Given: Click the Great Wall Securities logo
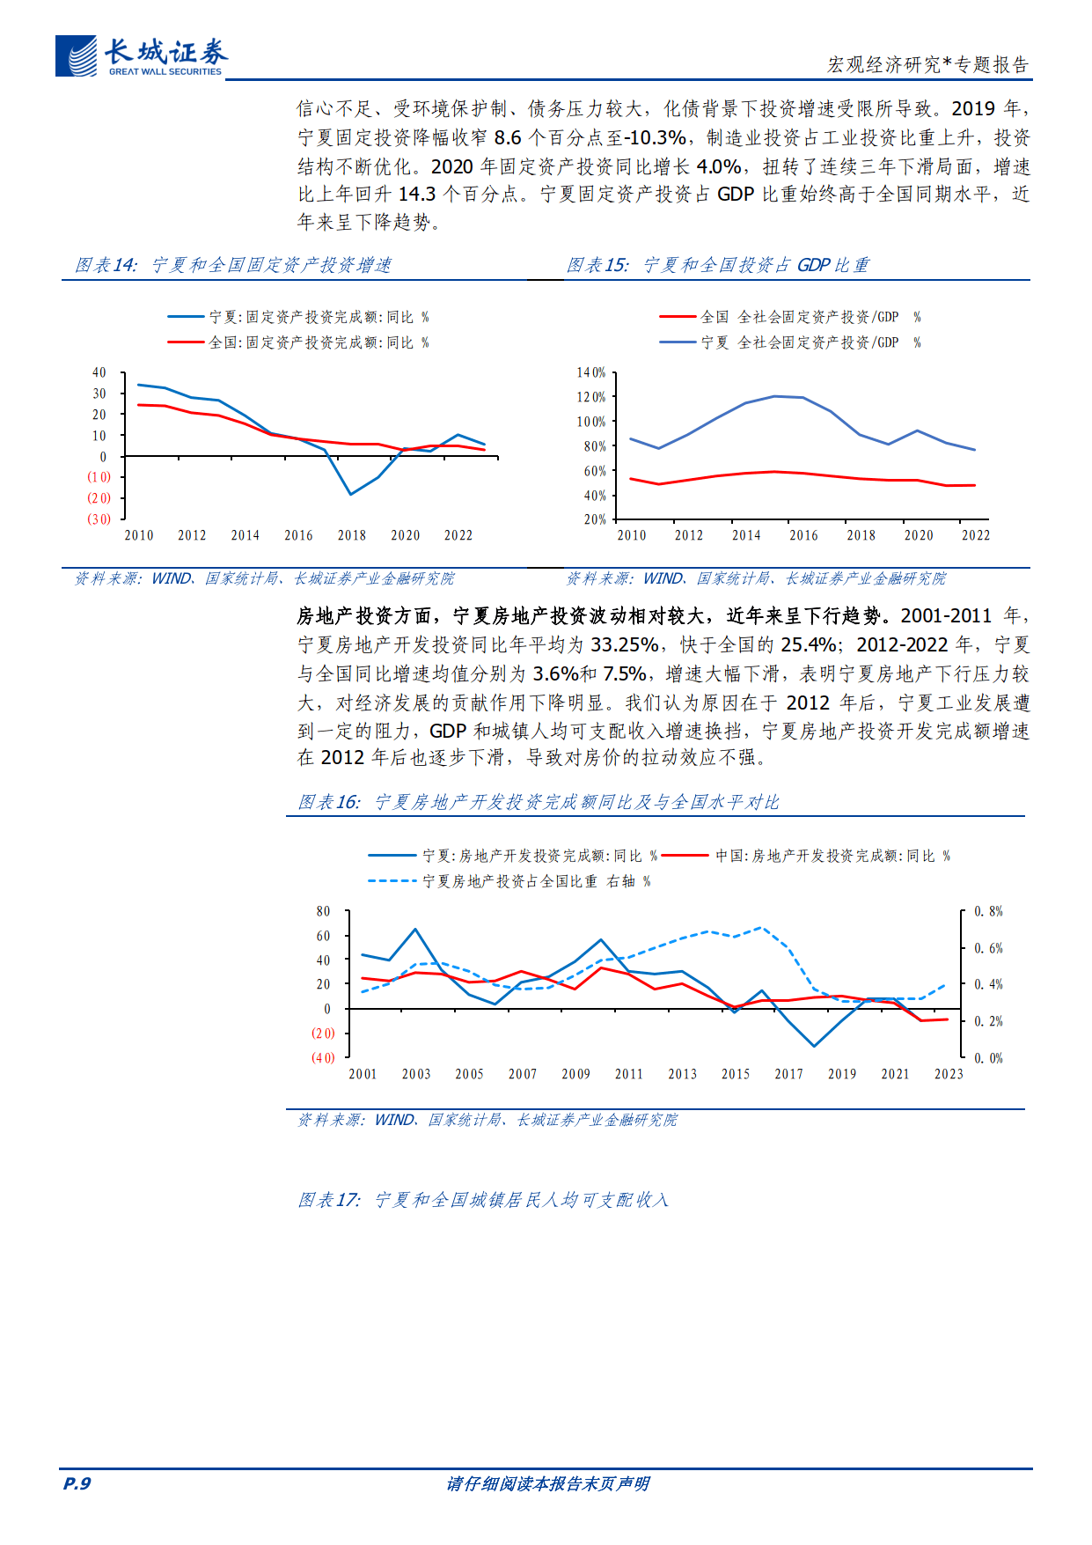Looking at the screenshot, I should (141, 57).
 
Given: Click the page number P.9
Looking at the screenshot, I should (77, 1483).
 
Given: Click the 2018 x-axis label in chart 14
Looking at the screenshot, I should (352, 535).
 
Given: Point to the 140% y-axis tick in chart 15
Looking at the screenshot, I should (591, 373).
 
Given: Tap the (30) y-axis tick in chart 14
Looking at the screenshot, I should (99, 519).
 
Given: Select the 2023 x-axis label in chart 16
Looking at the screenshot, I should (949, 1074).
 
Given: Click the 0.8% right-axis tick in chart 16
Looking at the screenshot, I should (988, 912).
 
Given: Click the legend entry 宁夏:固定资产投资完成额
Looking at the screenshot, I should (299, 317).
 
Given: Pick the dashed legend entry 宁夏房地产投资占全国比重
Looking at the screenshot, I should (509, 881).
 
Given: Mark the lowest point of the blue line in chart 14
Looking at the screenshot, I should (350, 494).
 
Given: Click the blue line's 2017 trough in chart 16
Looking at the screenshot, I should (814, 1046).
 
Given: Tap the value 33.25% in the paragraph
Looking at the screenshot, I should (624, 645).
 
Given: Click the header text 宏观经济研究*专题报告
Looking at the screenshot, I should (927, 65).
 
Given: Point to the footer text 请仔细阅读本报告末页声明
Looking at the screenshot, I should (547, 1483).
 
